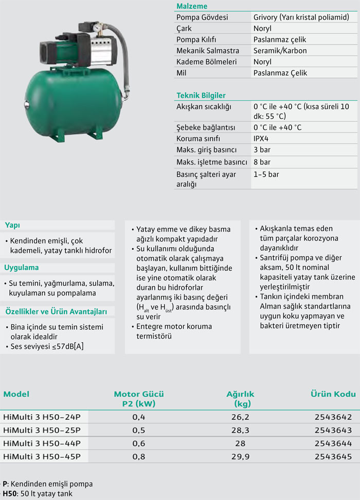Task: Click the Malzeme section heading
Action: [192, 6]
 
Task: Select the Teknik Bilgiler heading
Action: [201, 96]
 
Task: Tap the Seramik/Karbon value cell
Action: [280, 50]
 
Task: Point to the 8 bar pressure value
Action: [262, 162]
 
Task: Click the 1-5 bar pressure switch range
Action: [266, 174]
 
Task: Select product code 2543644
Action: [333, 443]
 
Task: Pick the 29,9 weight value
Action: [241, 456]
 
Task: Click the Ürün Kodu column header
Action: [333, 394]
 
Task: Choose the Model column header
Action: [16, 394]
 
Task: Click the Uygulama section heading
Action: [22, 268]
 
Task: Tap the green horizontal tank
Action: [72, 100]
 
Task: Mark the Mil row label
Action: [182, 73]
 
